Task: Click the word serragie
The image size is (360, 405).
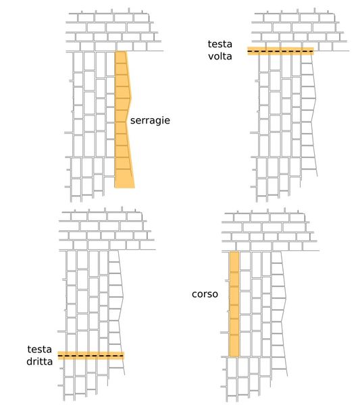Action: (x=150, y=121)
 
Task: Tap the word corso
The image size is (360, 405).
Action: (x=205, y=294)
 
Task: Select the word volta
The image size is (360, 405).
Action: (x=220, y=56)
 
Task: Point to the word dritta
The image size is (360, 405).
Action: (x=40, y=361)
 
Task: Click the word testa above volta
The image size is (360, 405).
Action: (x=220, y=44)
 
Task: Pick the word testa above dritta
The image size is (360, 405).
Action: (x=40, y=349)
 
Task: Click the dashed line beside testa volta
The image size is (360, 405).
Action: (x=280, y=51)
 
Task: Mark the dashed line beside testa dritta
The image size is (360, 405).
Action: (x=91, y=356)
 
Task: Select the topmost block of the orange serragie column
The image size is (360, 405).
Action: (x=121, y=57)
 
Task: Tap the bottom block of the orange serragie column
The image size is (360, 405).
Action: (x=124, y=178)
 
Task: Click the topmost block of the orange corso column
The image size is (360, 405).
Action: (x=234, y=262)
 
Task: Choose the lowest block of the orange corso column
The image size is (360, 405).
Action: (x=234, y=346)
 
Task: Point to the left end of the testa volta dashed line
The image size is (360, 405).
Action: (x=248, y=51)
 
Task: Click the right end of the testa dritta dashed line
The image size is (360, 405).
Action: (x=124, y=356)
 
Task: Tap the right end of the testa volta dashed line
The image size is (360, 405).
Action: (x=313, y=51)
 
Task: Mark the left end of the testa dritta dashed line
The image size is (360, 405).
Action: (x=58, y=356)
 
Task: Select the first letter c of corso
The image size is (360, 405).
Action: (x=195, y=294)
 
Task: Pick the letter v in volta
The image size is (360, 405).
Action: (x=211, y=57)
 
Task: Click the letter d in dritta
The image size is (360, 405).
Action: (x=30, y=361)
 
